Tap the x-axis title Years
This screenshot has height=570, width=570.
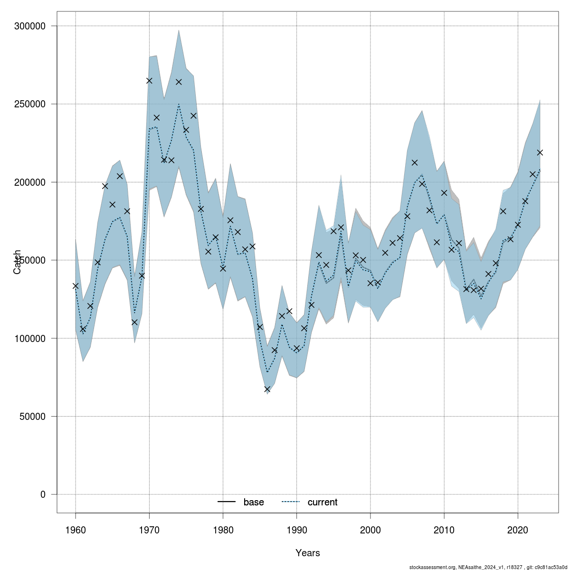click(x=308, y=553)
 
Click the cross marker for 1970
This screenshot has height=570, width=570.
click(x=149, y=81)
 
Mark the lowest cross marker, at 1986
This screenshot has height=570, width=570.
click(x=267, y=389)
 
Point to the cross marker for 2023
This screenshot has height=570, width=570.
click(x=540, y=152)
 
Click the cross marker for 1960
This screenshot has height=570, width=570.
click(x=76, y=286)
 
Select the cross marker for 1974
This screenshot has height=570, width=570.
click(x=179, y=82)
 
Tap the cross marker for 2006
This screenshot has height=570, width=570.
click(x=414, y=162)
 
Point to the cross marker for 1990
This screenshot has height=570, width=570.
click(x=297, y=348)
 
